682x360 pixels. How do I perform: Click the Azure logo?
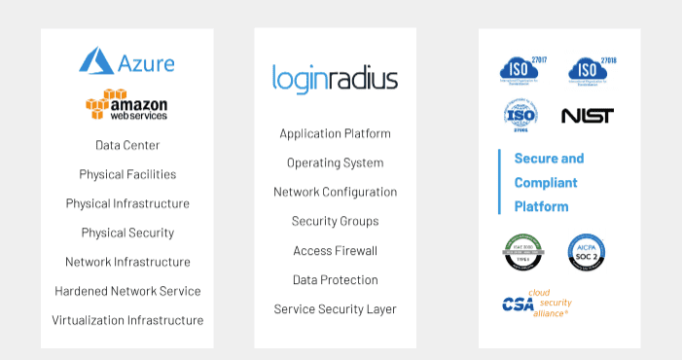coord(127,62)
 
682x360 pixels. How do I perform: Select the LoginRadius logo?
coord(335,78)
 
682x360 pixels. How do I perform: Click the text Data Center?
coord(127,145)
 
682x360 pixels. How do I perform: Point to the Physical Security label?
coord(127,233)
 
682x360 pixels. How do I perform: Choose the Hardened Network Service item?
coord(127,291)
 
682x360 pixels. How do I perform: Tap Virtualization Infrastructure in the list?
coord(127,320)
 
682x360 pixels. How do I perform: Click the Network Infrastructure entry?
coord(127,262)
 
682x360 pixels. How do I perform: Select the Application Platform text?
coord(335,133)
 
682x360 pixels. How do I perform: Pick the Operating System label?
coord(335,162)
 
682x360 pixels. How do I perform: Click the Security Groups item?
coord(335,221)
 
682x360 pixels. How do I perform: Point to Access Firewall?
coord(335,250)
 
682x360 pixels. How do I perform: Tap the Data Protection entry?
coord(335,279)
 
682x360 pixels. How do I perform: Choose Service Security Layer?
coord(335,308)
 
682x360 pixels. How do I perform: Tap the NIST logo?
coord(588,116)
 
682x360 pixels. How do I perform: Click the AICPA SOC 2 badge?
coord(587,252)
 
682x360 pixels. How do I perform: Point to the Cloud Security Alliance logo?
coord(536,303)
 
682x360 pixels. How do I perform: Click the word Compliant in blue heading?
coord(546,182)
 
